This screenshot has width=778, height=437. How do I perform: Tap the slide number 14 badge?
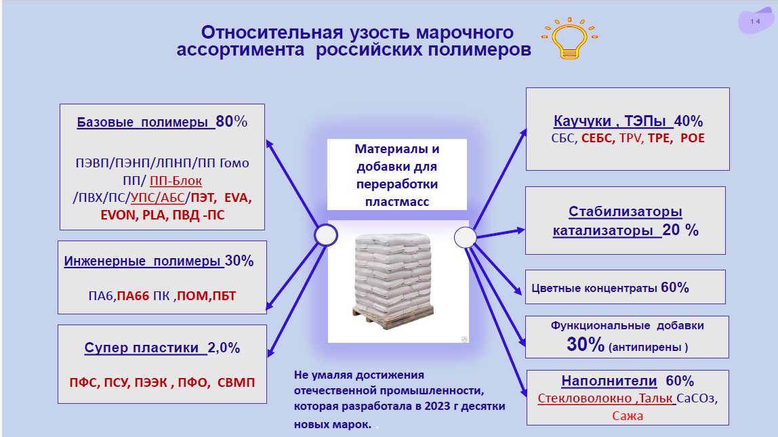755,22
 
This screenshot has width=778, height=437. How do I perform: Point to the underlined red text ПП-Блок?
176,181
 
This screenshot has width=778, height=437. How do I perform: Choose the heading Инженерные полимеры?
143,262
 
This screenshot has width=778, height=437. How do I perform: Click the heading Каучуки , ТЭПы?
613,122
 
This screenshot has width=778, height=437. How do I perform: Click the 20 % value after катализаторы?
680,230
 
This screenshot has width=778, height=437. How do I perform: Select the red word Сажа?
627,415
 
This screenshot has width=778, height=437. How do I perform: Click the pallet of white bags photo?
397,279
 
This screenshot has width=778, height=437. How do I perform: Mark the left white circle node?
326,235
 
